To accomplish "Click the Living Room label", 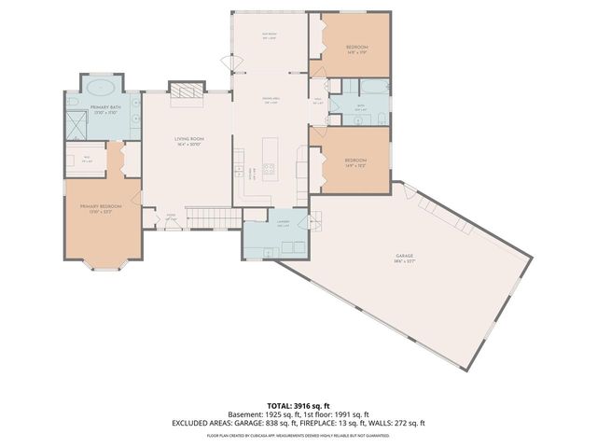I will point(189,142).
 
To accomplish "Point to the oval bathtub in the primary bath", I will point(103,88).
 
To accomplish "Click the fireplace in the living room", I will point(186,90).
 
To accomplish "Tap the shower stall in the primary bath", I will point(74,125).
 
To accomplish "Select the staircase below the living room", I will point(211,217).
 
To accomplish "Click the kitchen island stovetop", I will point(270,170).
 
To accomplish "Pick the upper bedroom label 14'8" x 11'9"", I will point(357,49).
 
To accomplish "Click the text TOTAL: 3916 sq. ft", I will point(298,404).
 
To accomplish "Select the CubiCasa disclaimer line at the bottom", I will point(298,435).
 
